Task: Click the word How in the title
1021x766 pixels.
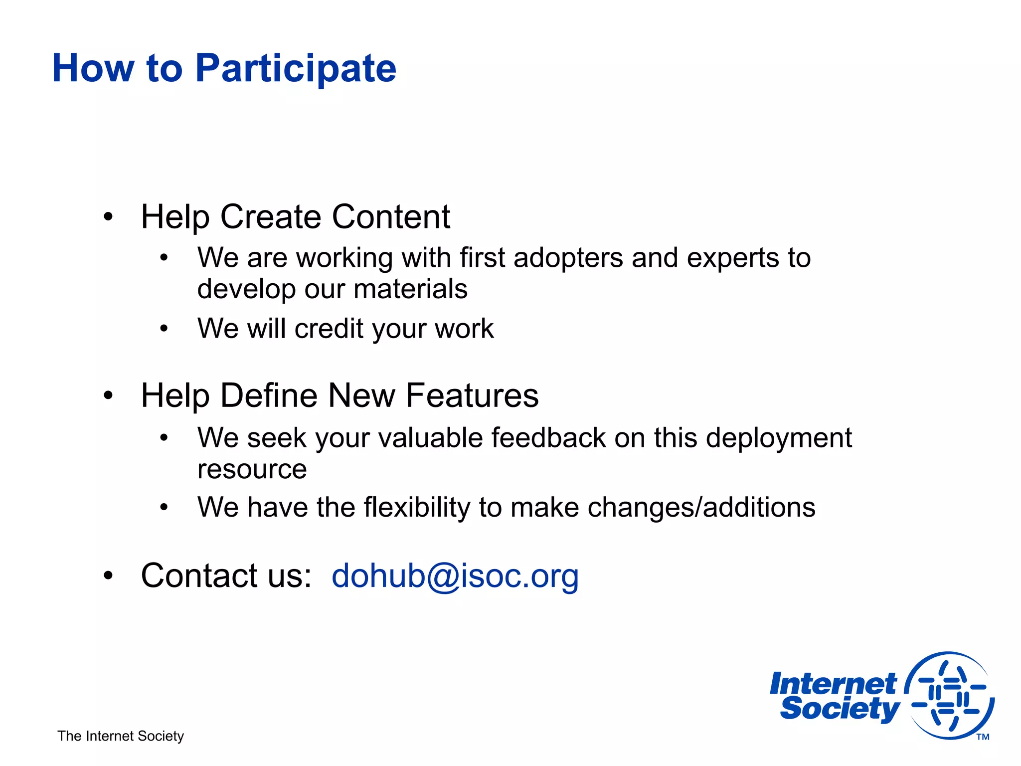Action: click(93, 68)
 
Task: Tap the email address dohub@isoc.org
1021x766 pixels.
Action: click(455, 575)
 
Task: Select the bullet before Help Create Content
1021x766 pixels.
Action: click(108, 217)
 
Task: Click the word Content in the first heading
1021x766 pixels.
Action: click(391, 217)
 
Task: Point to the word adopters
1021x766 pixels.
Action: click(568, 258)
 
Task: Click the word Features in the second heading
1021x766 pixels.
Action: click(472, 395)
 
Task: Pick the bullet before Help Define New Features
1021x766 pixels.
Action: click(108, 396)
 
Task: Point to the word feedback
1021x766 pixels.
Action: click(548, 438)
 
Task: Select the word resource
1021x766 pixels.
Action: click(252, 470)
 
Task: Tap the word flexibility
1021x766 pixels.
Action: click(417, 508)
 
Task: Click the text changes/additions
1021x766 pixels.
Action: click(701, 508)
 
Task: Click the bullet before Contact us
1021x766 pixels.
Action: click(108, 576)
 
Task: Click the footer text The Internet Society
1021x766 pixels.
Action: click(121, 736)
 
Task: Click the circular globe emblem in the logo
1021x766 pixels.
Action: click(949, 695)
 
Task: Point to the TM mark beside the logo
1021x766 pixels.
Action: click(983, 737)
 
